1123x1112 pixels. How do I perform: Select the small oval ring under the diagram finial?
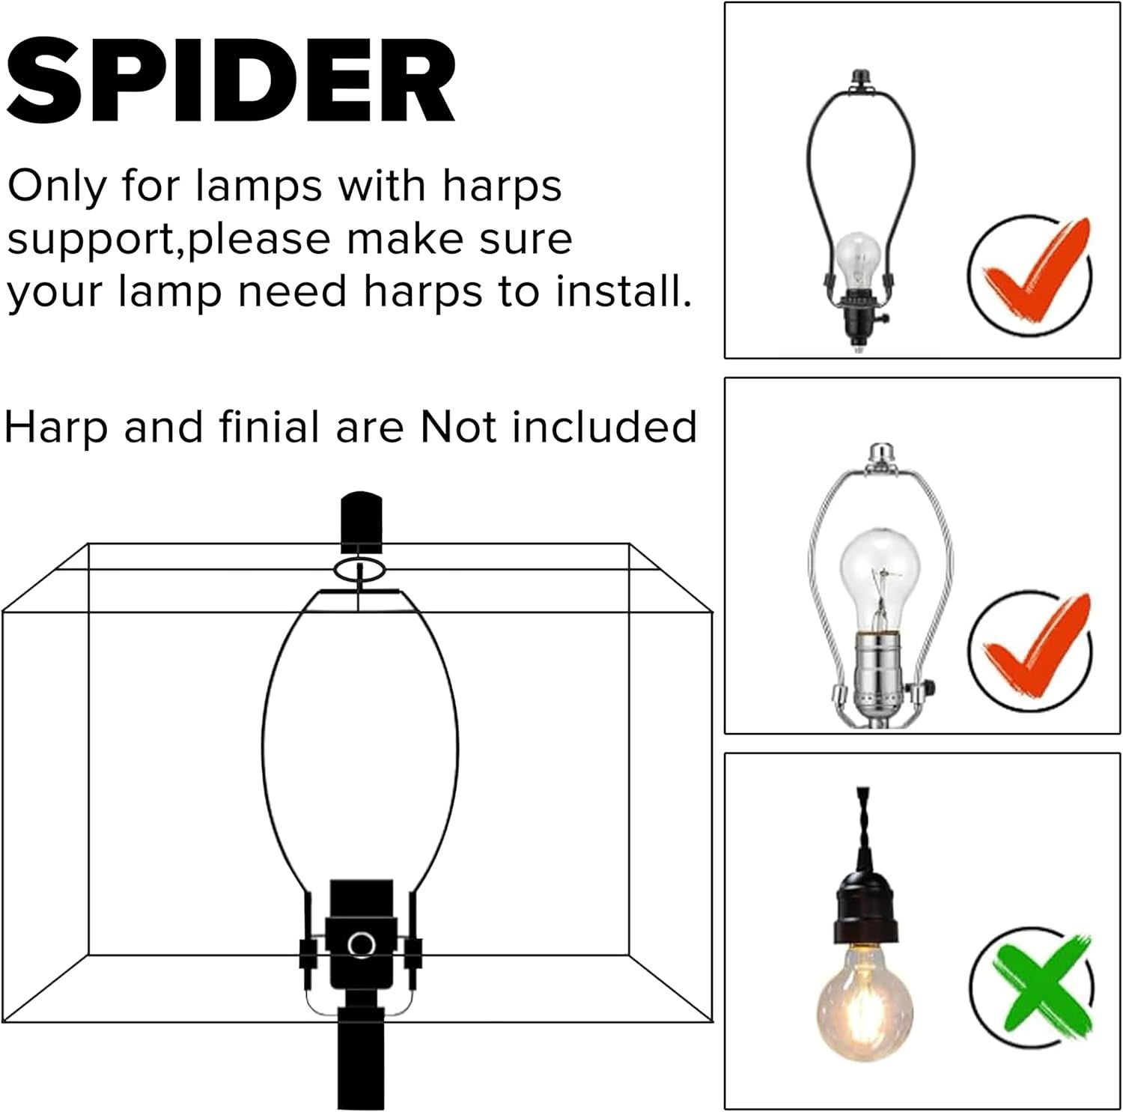point(360,568)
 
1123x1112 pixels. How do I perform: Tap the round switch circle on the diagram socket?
point(362,944)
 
